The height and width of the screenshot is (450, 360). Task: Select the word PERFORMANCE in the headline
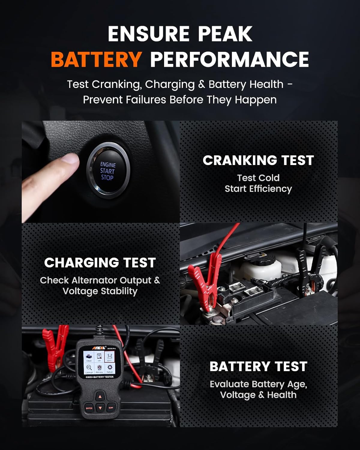tap(229, 59)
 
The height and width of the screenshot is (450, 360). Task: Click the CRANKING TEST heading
tap(258, 160)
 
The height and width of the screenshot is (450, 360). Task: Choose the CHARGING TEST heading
tap(100, 262)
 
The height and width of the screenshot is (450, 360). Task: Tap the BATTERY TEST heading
tap(258, 366)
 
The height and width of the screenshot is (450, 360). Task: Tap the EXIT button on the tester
tap(111, 408)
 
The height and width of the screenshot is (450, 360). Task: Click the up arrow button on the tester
tap(100, 397)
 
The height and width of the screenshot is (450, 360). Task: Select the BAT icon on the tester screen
tap(109, 357)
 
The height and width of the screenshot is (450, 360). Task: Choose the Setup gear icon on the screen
tap(110, 367)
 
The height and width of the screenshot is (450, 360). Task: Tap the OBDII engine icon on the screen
tap(89, 357)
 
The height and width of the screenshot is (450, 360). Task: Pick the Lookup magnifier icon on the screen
tap(89, 368)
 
